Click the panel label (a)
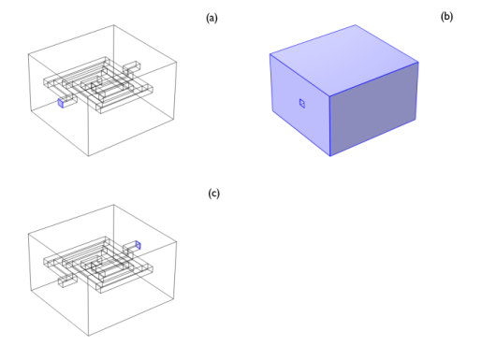(212, 18)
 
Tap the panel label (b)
(446, 17)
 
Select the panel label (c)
(214, 194)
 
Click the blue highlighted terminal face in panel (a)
(61, 103)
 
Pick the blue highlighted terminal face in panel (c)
(139, 245)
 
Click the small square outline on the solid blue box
(302, 103)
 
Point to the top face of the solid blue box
(343, 59)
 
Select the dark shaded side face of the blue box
(373, 109)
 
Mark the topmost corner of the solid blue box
(356, 25)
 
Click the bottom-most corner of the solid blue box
(330, 156)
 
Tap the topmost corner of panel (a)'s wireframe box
(113, 25)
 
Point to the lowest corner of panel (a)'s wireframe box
(89, 156)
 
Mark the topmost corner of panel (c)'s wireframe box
(113, 205)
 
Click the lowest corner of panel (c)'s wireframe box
(89, 336)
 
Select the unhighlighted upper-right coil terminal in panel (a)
(131, 66)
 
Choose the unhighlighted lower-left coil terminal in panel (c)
(67, 281)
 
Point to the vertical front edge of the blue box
(329, 125)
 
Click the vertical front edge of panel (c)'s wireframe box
(88, 306)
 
